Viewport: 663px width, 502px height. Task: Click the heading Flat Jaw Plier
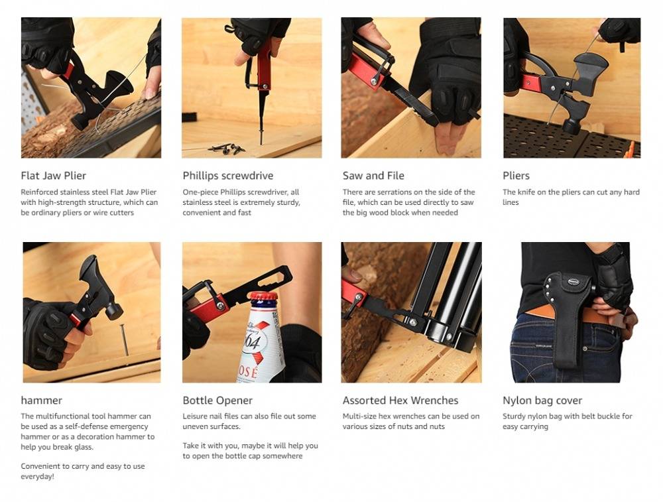click(x=53, y=176)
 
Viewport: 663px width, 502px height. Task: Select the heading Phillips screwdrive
click(x=228, y=176)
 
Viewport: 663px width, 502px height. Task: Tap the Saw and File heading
click(x=373, y=176)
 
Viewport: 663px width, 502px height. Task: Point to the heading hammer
click(x=41, y=400)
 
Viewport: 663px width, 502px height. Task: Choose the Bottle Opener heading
click(x=217, y=400)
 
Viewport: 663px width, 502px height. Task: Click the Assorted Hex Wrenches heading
click(x=400, y=400)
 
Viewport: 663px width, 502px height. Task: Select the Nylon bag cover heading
click(x=542, y=400)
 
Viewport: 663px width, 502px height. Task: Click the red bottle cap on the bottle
click(x=263, y=296)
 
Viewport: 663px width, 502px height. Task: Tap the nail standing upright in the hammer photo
click(x=125, y=340)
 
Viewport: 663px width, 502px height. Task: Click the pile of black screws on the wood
click(x=227, y=148)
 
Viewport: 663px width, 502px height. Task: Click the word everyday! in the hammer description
click(x=38, y=477)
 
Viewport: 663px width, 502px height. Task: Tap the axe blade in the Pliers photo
click(x=592, y=71)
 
